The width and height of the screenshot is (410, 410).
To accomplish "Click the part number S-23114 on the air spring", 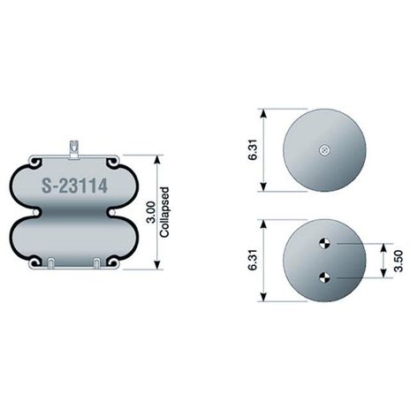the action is click(x=74, y=186).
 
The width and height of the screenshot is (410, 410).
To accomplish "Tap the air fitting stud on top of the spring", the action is click(x=74, y=150).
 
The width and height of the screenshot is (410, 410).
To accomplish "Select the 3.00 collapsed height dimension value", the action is click(x=151, y=212).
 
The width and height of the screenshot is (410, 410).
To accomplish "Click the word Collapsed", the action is click(x=164, y=212).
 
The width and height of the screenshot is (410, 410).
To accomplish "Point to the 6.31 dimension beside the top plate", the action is click(x=253, y=149).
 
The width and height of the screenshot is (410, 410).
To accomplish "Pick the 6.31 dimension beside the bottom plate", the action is click(x=253, y=260).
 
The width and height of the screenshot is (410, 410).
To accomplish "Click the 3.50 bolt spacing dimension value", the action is click(x=399, y=261).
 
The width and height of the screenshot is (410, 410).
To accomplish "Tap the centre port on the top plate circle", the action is click(x=324, y=150).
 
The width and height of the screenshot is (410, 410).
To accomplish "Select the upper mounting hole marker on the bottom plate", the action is click(x=324, y=244).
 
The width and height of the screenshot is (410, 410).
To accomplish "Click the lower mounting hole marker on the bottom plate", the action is click(x=324, y=277).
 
